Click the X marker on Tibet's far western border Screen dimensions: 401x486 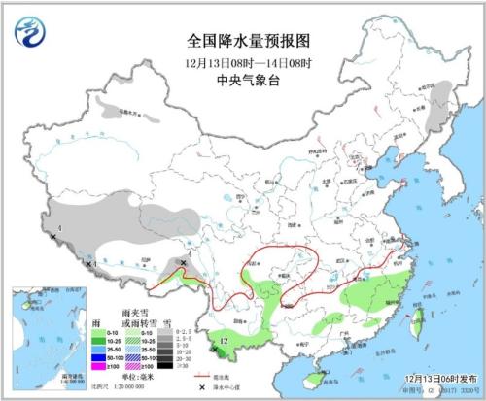tap(52, 236)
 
